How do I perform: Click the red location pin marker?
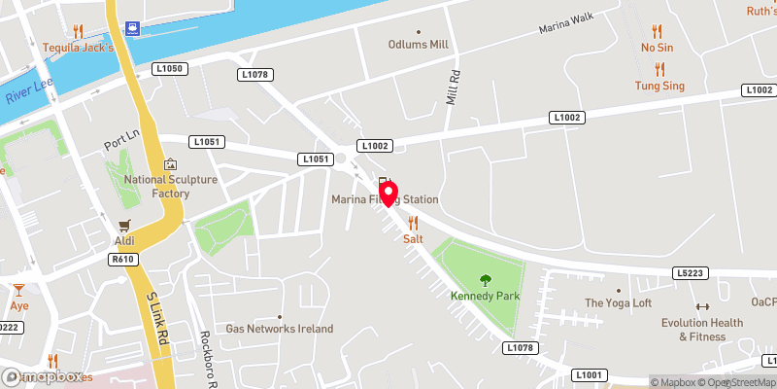pos(389,194)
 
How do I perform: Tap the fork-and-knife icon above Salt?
pos(414,223)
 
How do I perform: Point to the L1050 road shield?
pos(169,68)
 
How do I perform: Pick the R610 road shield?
pos(122,260)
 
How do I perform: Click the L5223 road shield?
pos(691,275)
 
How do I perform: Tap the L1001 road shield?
pos(590,374)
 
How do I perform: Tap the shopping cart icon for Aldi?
pos(123,225)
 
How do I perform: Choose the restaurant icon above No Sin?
pos(657,30)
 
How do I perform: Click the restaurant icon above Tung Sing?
pos(659,69)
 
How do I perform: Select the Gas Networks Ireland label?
pos(280,329)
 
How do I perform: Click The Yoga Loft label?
pos(618,303)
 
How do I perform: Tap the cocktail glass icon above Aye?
pos(18,289)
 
